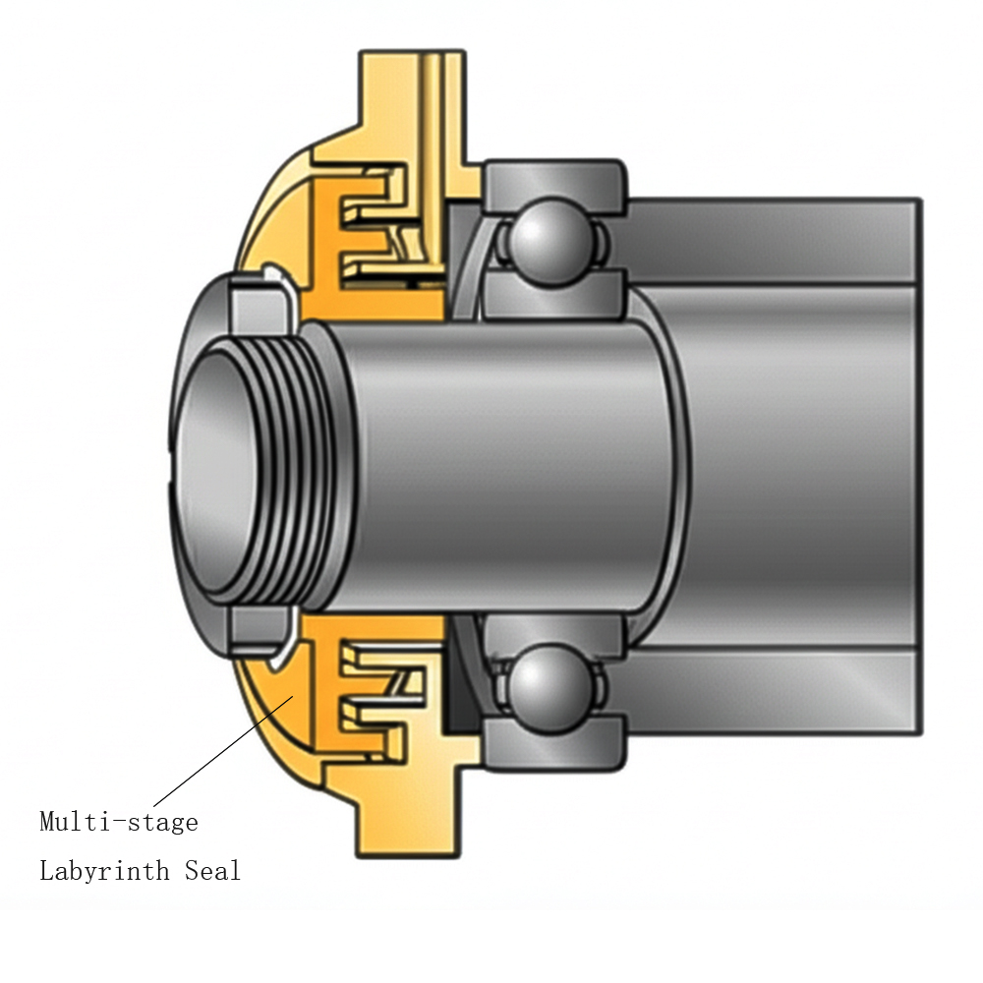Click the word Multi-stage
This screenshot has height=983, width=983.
(118, 822)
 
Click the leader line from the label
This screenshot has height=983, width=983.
(221, 752)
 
